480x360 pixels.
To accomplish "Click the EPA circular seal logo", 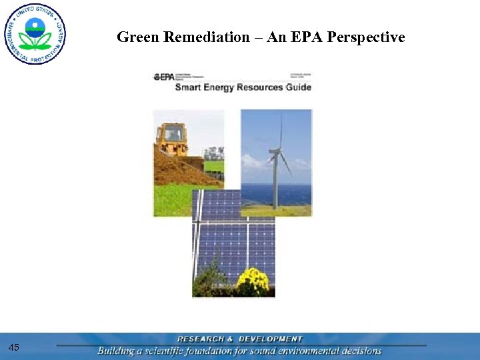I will [x=35, y=33].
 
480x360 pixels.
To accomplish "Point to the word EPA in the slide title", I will [x=309, y=37].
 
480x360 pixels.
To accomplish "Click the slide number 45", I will [x=15, y=347].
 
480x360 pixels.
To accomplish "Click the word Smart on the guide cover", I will [x=189, y=87].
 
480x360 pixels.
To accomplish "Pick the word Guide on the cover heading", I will [x=297, y=87].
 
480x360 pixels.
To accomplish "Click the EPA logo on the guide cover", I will [x=164, y=77].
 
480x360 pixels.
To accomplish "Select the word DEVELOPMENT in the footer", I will [x=271, y=339].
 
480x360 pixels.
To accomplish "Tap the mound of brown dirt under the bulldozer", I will [x=177, y=170].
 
